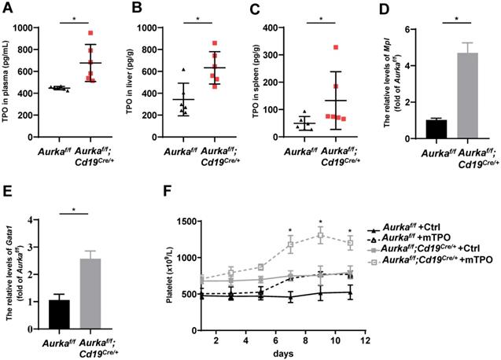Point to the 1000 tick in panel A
pyautogui.click(x=41, y=28)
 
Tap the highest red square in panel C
pyautogui.click(x=337, y=48)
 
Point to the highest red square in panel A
pyautogui.click(x=91, y=33)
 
